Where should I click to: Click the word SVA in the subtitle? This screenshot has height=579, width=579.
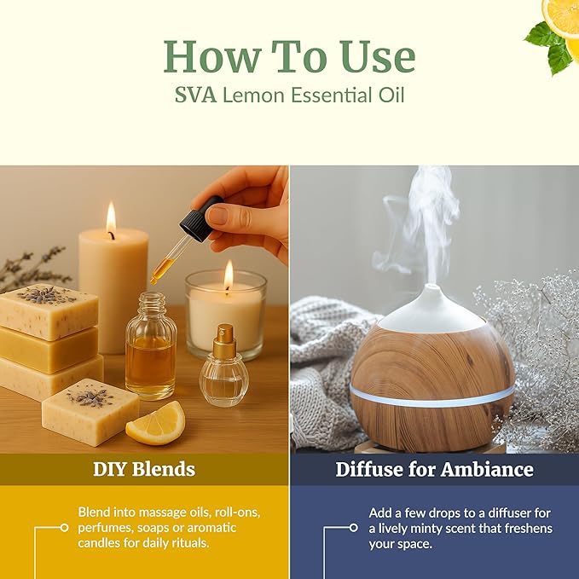[x=195, y=94]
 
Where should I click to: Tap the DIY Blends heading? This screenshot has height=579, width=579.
[x=144, y=469]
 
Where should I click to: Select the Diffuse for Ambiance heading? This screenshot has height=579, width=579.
[x=434, y=469]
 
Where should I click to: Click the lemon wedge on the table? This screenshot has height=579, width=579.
[x=157, y=423]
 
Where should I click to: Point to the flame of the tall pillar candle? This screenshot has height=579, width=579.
[x=111, y=218]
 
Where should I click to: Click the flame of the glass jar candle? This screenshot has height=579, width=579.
[x=228, y=275]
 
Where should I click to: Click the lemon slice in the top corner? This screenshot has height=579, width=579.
[x=563, y=15]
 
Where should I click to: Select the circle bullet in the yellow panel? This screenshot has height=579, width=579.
[x=64, y=528]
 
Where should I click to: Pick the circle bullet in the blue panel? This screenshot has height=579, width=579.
[x=354, y=528]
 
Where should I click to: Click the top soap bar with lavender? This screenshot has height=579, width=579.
[x=48, y=311]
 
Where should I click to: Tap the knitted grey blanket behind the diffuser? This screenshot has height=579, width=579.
[x=320, y=358]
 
